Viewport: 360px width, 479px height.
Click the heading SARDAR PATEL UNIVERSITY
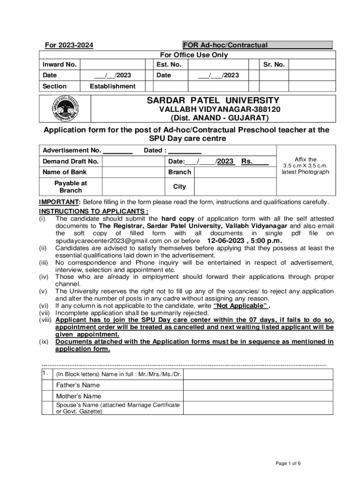(x=213, y=101)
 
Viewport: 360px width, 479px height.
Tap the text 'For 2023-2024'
(x=69, y=45)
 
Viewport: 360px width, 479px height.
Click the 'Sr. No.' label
(x=274, y=65)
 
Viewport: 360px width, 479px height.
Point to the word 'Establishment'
(x=113, y=86)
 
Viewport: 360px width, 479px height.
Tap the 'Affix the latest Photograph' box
(x=305, y=166)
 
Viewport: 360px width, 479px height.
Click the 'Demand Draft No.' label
(x=71, y=161)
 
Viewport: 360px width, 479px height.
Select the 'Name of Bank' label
(x=65, y=172)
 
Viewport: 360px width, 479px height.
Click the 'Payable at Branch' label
(x=71, y=187)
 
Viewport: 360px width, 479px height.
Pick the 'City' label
(x=179, y=187)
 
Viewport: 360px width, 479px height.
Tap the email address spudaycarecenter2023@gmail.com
(x=104, y=241)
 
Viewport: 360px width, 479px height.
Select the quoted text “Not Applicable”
(x=241, y=306)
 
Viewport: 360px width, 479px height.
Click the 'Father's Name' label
(x=78, y=385)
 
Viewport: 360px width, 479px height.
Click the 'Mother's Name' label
(x=79, y=396)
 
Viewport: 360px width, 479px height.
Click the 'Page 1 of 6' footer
(x=288, y=464)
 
